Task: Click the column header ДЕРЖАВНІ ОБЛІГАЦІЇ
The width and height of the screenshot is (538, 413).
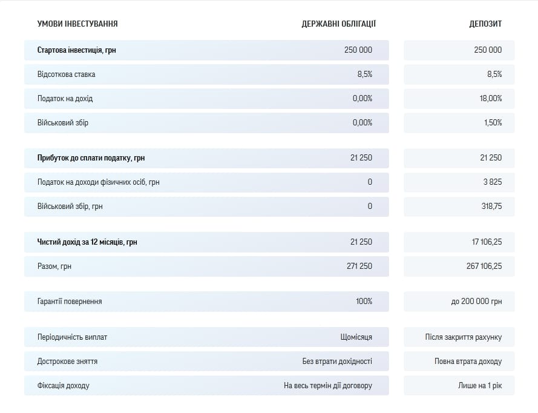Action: pos(338,24)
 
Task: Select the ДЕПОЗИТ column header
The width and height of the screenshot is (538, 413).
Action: pos(485,24)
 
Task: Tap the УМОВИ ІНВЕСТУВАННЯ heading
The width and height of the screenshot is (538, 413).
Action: pos(77,24)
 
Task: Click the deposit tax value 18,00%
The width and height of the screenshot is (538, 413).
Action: pos(491,98)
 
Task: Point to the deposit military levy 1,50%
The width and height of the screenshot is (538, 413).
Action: pos(493,122)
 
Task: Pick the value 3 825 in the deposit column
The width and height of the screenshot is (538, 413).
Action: pos(493,182)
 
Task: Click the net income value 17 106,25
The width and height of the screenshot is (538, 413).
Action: pos(487,242)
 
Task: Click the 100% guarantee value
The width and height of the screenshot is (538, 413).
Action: pos(364,301)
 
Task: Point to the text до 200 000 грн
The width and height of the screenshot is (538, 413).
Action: pos(476,301)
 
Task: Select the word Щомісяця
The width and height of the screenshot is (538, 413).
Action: pos(356,337)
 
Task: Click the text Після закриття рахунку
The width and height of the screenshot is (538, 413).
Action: pos(463,337)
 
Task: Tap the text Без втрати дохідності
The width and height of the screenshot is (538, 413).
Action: pos(337,361)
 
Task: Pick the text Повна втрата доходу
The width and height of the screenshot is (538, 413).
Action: pos(468,361)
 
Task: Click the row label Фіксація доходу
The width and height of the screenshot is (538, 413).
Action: pos(62,385)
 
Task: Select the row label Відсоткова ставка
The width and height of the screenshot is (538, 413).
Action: pos(66,74)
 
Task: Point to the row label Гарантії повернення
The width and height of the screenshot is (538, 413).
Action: pos(69,301)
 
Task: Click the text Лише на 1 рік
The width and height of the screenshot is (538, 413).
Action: pos(480,385)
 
